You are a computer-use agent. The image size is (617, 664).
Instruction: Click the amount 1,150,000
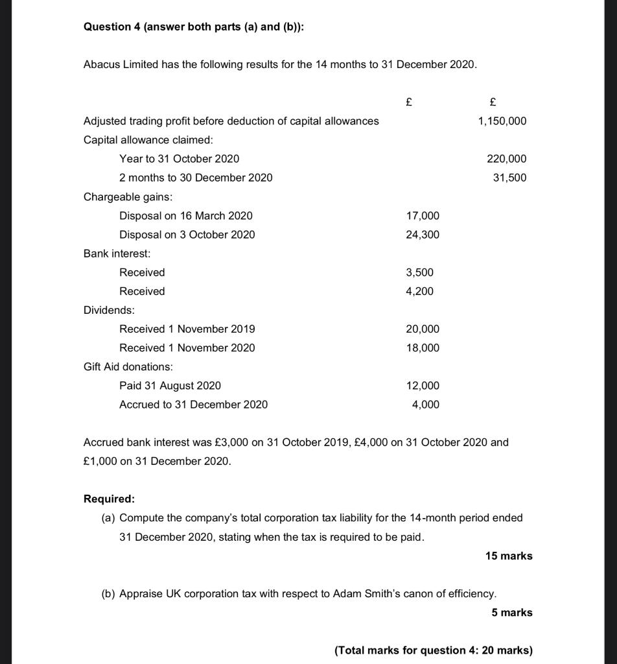(x=502, y=121)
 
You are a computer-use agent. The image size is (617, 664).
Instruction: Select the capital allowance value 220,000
(x=506, y=159)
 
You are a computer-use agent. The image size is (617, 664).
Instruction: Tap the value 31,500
(x=509, y=178)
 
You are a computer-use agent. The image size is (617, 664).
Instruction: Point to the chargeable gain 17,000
(x=422, y=216)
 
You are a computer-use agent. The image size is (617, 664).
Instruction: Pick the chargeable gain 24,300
(x=422, y=235)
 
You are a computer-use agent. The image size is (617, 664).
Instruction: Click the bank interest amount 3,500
(x=419, y=272)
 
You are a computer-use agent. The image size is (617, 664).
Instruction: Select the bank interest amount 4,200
(x=419, y=291)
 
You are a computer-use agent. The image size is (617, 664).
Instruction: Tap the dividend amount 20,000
(x=422, y=329)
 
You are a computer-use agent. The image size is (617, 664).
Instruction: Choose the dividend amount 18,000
(x=422, y=348)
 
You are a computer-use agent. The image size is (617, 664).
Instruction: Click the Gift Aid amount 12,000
(x=422, y=386)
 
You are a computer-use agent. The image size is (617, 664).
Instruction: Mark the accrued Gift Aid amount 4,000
(x=425, y=405)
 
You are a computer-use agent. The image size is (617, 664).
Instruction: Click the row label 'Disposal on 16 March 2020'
(x=186, y=216)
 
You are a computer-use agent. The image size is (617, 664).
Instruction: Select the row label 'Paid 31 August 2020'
(x=170, y=386)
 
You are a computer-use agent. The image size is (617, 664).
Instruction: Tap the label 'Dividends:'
(x=109, y=311)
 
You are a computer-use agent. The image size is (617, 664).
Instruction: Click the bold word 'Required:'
(x=110, y=499)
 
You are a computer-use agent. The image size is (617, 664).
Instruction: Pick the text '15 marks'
(x=508, y=556)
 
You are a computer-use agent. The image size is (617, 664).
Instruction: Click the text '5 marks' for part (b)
(x=511, y=613)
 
